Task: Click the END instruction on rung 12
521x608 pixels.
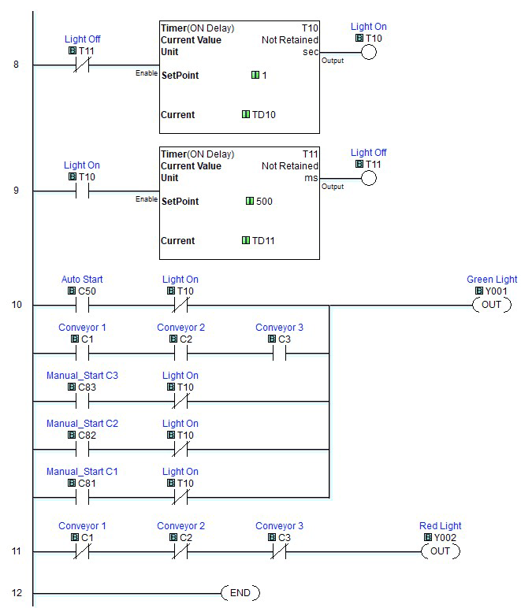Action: click(240, 592)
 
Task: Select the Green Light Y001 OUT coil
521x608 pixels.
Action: click(491, 305)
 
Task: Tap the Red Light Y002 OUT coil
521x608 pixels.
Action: click(440, 551)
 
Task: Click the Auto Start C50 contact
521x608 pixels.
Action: click(82, 305)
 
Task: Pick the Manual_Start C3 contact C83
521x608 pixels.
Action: click(82, 401)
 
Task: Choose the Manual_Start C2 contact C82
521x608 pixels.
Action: click(82, 449)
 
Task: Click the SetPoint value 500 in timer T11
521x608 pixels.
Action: click(264, 202)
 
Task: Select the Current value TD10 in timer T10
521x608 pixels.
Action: click(263, 115)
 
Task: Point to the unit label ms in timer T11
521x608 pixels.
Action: click(311, 178)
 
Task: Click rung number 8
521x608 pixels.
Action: click(17, 64)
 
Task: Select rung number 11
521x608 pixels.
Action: click(17, 551)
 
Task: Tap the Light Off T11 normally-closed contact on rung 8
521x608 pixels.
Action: click(82, 65)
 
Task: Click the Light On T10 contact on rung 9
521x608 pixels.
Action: click(82, 191)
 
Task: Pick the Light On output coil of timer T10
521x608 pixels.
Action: click(368, 52)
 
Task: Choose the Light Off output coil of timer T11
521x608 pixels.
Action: click(368, 178)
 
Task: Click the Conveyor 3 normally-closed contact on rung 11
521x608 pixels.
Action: click(279, 551)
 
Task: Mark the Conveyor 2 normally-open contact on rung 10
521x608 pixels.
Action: click(180, 353)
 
